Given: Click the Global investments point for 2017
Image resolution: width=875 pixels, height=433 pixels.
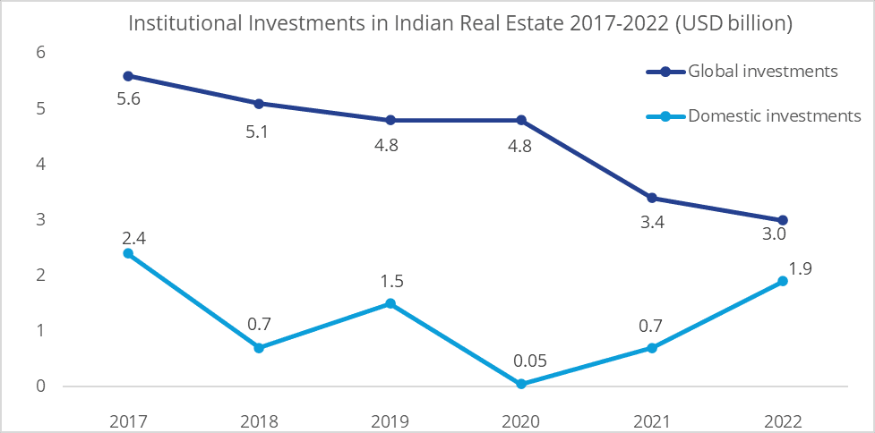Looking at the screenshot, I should [129, 76].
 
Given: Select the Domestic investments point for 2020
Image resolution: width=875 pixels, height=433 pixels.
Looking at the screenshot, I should [521, 384].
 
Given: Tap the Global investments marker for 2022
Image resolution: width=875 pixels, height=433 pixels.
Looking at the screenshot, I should [783, 220].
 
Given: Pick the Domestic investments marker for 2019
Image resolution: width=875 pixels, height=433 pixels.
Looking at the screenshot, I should [390, 303].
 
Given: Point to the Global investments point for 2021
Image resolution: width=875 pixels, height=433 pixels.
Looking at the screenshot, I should [652, 198].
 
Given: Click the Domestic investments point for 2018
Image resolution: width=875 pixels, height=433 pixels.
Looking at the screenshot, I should [260, 348].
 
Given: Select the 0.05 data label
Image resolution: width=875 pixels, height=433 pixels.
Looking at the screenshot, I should [521, 362].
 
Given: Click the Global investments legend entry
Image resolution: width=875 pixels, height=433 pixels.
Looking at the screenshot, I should [761, 71].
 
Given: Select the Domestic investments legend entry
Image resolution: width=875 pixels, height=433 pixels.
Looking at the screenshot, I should [773, 115].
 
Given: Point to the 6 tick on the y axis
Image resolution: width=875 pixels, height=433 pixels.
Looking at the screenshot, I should [40, 53].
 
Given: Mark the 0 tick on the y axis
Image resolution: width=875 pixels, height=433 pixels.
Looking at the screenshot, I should [40, 386].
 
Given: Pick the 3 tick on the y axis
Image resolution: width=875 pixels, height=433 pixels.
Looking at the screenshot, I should [40, 220].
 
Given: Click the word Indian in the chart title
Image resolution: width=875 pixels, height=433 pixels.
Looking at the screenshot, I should [419, 23].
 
